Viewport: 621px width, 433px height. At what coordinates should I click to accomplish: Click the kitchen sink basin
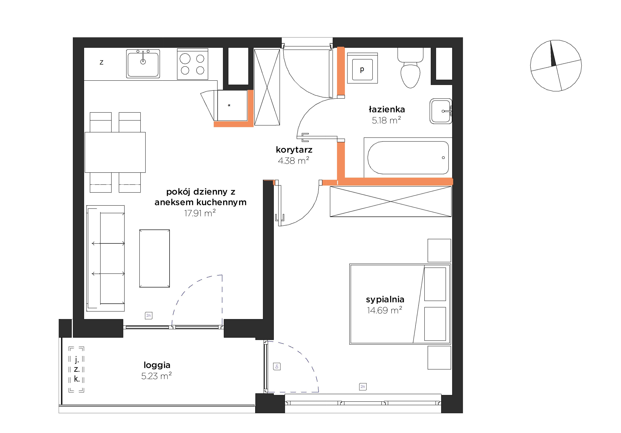[x=143, y=64]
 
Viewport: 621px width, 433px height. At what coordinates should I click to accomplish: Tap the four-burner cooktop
[x=193, y=64]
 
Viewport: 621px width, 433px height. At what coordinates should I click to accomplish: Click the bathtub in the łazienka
[x=408, y=158]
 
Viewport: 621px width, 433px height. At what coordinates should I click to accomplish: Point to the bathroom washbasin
[x=441, y=111]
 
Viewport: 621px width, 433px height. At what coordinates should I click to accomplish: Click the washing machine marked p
[x=362, y=68]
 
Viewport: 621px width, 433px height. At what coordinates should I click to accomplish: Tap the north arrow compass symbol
[x=556, y=66]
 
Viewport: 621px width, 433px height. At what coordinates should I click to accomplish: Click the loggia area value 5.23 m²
[x=156, y=376]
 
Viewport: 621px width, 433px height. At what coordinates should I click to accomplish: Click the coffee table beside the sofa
[x=155, y=258]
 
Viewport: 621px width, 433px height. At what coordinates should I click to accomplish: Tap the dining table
[x=115, y=152]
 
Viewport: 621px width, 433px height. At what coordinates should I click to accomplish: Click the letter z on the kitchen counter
[x=101, y=63]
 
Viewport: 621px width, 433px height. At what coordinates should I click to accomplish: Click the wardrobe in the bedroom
[x=391, y=202]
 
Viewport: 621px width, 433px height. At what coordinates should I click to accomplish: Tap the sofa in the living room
[x=105, y=258]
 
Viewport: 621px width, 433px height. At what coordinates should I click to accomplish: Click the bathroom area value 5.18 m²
[x=386, y=120]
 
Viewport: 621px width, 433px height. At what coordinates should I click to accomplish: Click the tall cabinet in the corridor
[x=267, y=87]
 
